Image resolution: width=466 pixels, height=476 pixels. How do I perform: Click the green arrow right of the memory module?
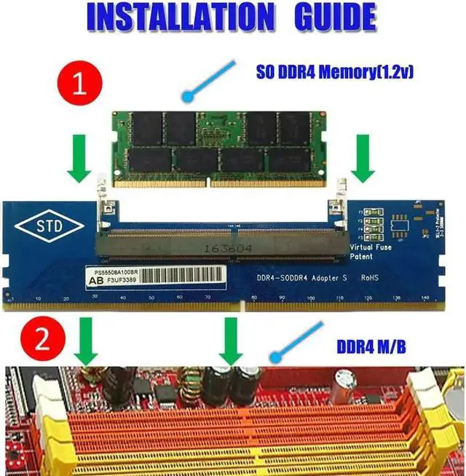[363, 163]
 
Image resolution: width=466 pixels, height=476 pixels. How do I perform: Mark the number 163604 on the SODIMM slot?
[218, 249]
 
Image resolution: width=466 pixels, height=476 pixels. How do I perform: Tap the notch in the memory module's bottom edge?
[208, 181]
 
